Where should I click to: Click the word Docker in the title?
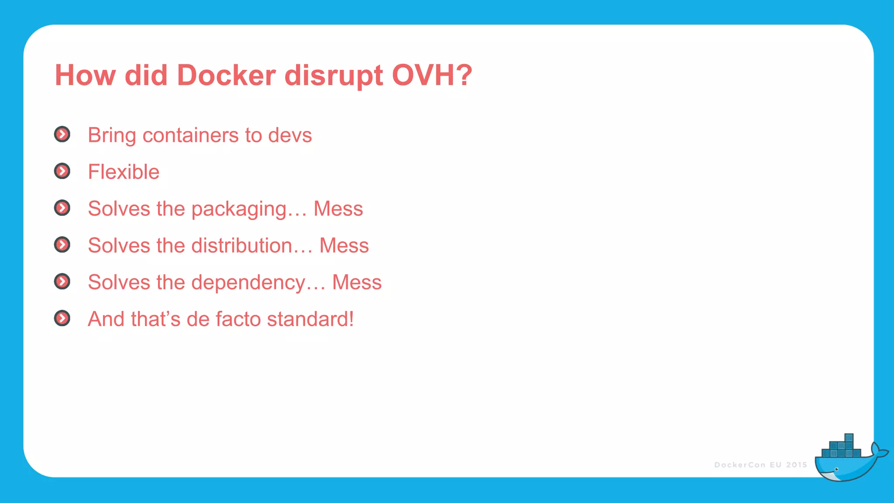[226, 76]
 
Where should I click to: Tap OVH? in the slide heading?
[432, 76]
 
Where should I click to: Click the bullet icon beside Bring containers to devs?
[62, 134]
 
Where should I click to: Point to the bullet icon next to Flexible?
[62, 171]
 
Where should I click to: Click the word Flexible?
[124, 172]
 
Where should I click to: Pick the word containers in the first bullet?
[190, 135]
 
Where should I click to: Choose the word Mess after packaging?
[338, 209]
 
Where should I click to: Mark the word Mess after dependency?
[357, 283]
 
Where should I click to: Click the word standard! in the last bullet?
[310, 319]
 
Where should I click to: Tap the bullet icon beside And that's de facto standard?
[62, 318]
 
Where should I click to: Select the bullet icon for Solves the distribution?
[62, 245]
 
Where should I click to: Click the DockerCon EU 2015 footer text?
[760, 465]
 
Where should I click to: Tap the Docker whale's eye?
[836, 469]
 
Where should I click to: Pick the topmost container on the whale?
[849, 438]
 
